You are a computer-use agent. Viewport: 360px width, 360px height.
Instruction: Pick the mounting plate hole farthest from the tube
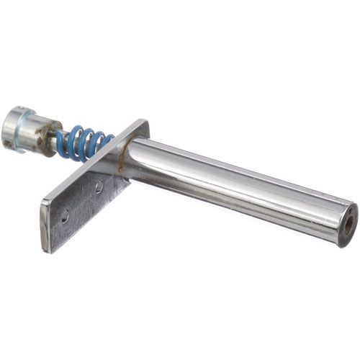(65, 215)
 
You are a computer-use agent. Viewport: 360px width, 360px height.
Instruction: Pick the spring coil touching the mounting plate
(106, 144)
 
